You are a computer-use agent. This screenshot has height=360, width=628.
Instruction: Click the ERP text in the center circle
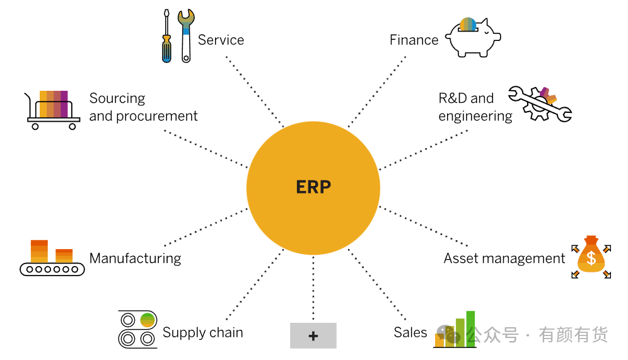pos(313,187)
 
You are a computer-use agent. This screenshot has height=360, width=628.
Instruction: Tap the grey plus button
pos(313,335)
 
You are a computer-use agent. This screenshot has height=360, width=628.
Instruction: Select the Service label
pos(221,40)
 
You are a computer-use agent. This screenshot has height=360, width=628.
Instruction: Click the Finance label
pos(414,40)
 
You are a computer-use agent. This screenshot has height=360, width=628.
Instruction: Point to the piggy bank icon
pos(472,37)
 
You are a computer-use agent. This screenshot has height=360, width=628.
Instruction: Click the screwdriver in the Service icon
pos(166,37)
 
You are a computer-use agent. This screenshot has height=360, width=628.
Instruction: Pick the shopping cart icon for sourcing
pos(54,110)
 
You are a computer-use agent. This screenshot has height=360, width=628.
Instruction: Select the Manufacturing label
pos(135,258)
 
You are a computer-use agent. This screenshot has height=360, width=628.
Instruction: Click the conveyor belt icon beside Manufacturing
pos(52,258)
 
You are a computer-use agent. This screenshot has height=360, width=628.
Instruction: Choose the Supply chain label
pos(202,332)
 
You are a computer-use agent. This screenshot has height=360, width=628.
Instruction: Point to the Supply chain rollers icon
pos(137,329)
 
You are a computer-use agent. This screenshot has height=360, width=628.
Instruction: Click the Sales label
pos(410,332)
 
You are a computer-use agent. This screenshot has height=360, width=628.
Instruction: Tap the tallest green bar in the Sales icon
pos(470,327)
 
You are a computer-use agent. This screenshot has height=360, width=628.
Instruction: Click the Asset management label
pos(504,258)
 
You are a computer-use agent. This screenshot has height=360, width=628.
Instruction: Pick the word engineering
pos(475,116)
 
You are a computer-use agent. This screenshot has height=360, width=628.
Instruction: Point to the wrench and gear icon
pos(540,103)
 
